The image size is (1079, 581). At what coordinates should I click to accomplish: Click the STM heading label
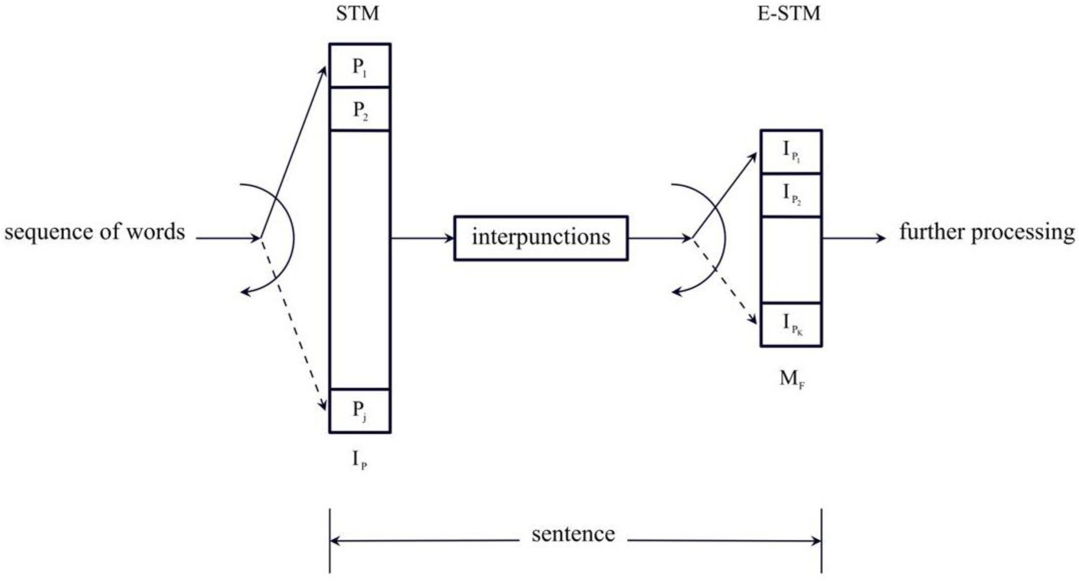click(357, 14)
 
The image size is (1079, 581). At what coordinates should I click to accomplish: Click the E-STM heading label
click(789, 14)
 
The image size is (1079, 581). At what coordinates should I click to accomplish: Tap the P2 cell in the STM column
click(360, 110)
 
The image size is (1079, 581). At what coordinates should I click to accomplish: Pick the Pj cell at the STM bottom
click(360, 410)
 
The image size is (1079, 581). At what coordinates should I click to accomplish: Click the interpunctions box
click(541, 238)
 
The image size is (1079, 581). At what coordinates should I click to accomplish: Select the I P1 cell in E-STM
click(791, 152)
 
